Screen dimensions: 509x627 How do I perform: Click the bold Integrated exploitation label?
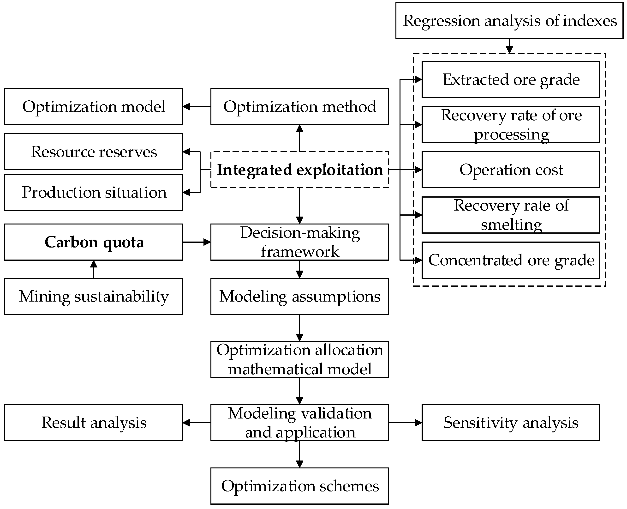(299, 170)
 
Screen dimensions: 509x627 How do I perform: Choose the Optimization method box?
(299, 106)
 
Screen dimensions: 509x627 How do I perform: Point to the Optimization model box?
(94, 106)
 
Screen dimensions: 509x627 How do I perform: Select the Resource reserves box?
(94, 151)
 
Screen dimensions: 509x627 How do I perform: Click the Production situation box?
(94, 192)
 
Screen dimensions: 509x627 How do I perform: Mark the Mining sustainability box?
(94, 296)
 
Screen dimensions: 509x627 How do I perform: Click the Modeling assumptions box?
(299, 296)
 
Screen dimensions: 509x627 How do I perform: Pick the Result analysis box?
(94, 423)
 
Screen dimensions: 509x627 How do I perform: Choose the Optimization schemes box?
(299, 486)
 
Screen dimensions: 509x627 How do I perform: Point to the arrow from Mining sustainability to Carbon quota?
(94, 269)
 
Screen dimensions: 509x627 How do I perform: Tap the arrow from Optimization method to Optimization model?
(197, 106)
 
